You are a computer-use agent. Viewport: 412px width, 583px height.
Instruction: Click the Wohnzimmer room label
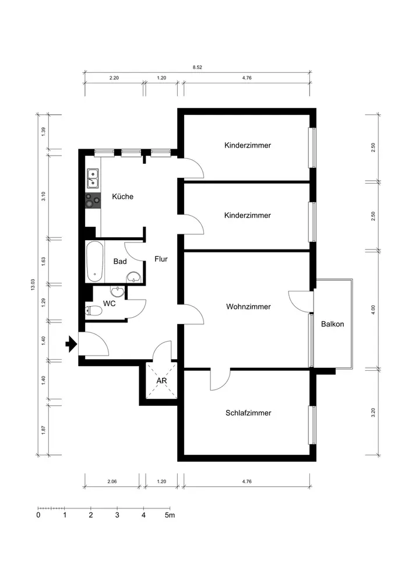click(248, 307)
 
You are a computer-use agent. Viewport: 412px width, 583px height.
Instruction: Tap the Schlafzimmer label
click(248, 413)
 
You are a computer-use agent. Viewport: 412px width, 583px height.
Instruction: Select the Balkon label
click(333, 324)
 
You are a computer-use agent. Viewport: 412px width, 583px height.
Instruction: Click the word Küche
click(122, 196)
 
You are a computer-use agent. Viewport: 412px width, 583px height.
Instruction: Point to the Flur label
click(161, 259)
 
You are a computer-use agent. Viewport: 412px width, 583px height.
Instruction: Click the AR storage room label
click(161, 381)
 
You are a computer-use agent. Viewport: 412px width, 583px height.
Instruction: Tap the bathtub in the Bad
click(95, 261)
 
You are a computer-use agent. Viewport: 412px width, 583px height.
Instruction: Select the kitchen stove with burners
click(93, 201)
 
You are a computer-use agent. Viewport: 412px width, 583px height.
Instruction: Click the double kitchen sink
click(93, 178)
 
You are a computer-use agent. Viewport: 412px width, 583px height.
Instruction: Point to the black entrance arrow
click(71, 344)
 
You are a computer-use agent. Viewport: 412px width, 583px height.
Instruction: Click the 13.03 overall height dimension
click(33, 285)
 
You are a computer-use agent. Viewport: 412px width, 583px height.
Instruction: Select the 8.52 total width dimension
click(198, 67)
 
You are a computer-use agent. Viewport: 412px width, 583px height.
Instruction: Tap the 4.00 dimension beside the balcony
click(374, 310)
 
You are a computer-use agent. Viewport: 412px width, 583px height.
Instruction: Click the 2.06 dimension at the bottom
click(112, 481)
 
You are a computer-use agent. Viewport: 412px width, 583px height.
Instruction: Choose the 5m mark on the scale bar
click(170, 515)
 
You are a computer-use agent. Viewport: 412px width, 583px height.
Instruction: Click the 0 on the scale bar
click(38, 515)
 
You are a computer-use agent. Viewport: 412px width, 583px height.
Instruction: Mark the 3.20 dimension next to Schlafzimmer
click(374, 412)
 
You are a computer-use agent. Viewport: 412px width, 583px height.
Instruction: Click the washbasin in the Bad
click(134, 276)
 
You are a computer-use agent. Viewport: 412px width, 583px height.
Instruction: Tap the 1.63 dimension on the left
click(43, 261)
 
